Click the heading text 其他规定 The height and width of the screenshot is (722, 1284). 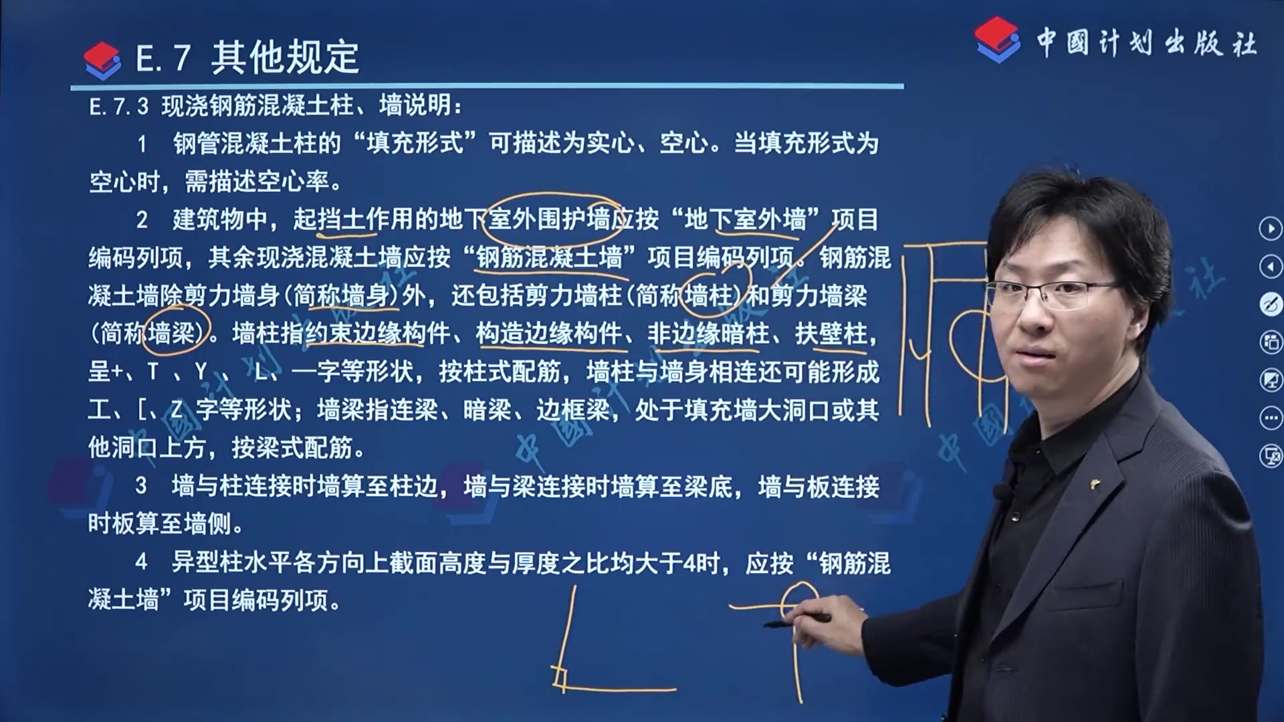tap(286, 57)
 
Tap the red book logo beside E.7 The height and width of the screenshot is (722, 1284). tap(102, 60)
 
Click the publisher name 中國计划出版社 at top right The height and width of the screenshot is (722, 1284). tap(1146, 43)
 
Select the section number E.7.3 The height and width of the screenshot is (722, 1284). tap(119, 106)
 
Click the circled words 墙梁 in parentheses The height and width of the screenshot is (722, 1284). tap(172, 333)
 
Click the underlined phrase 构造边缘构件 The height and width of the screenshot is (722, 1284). tap(548, 333)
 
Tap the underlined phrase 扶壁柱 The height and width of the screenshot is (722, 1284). tap(831, 333)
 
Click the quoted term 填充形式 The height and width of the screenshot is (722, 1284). tap(415, 143)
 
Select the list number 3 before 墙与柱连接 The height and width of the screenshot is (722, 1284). tap(141, 486)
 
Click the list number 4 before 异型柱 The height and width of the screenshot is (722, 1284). tap(141, 562)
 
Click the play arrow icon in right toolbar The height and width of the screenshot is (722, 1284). tap(1271, 229)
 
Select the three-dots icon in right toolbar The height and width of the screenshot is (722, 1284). tap(1271, 418)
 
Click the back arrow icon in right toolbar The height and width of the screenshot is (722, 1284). tap(1271, 267)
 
